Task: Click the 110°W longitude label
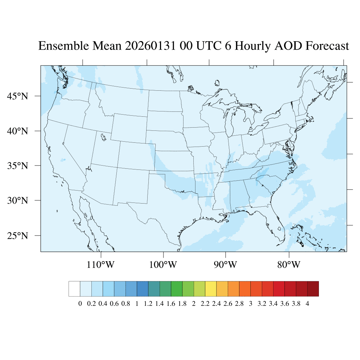point(101,264)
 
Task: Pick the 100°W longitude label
point(163,264)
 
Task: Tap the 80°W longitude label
point(289,264)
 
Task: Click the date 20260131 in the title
point(150,46)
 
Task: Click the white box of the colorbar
point(75,289)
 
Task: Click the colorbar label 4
point(308,304)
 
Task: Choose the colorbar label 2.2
point(205,304)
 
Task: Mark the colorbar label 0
point(80,304)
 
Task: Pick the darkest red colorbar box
point(313,289)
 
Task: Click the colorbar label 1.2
point(148,304)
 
